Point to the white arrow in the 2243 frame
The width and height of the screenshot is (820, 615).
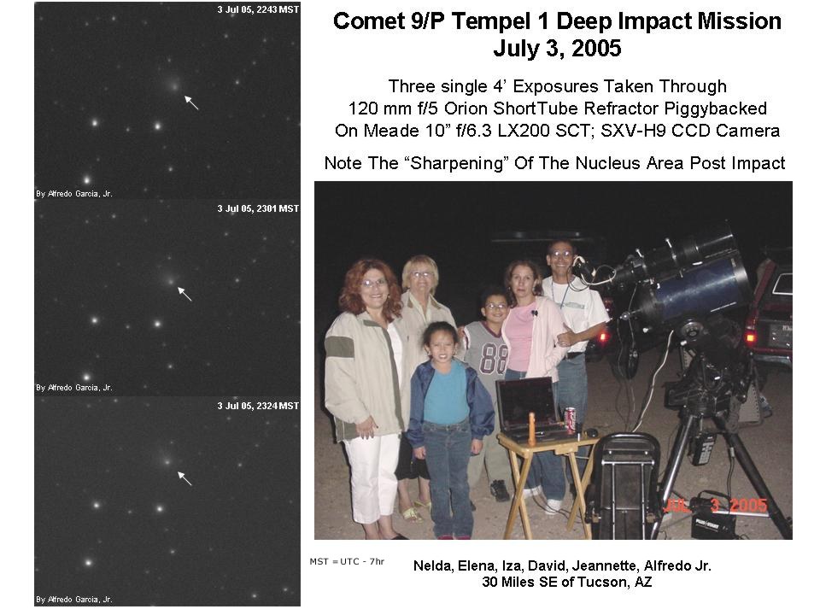tap(191, 102)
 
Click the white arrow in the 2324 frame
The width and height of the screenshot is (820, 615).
tap(184, 478)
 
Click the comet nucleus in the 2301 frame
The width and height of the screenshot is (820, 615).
tap(171, 281)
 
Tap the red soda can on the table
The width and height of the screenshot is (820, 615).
tap(571, 420)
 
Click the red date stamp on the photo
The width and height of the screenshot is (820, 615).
tap(715, 505)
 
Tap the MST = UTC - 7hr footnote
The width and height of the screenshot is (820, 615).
tap(347, 562)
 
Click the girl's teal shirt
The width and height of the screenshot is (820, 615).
tap(446, 392)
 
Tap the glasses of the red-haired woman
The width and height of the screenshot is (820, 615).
tap(373, 283)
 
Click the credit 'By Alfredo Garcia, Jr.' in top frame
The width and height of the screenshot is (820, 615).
tap(74, 194)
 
